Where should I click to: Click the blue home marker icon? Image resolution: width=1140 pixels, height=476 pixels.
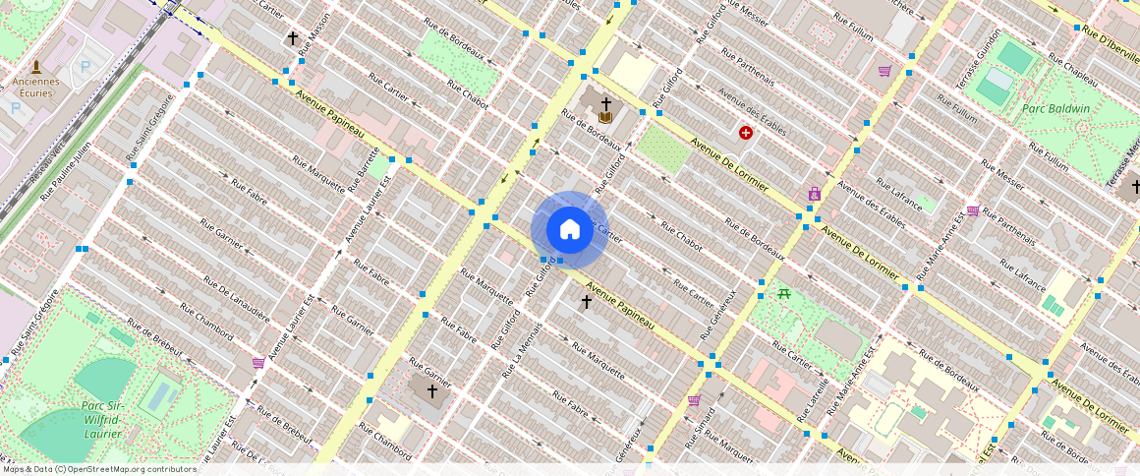coord(569,229)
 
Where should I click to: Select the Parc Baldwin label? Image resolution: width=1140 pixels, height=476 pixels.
coord(1055,108)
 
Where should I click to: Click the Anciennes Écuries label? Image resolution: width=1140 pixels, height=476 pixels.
coord(35,88)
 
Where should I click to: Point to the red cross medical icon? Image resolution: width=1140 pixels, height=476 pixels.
coord(746,132)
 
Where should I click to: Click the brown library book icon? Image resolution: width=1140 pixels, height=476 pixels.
coord(605,118)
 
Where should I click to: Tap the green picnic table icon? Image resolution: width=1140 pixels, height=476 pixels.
coord(784,293)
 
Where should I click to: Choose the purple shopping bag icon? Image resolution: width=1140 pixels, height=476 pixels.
coord(814,194)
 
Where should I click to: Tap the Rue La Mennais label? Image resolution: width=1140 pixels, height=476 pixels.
coord(522,350)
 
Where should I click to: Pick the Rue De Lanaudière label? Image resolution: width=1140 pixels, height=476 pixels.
coord(236,295)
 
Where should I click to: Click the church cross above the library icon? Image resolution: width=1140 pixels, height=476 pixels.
coord(606,103)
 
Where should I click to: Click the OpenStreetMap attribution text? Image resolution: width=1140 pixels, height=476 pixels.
coord(98,469)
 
